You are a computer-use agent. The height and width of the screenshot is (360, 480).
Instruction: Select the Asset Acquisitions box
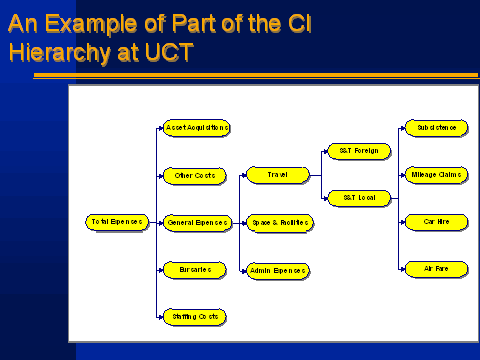coord(196,128)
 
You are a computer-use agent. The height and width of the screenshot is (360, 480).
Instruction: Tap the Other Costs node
coord(194,175)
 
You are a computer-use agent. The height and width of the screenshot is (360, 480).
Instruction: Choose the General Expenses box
coord(196,222)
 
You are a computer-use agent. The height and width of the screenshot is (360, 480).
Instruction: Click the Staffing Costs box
coord(194,316)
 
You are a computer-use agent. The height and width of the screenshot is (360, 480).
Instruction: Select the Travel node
coord(278,175)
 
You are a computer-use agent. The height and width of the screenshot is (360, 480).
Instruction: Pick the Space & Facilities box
coord(278,222)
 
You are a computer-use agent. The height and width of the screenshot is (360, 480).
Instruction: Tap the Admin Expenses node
coord(278,270)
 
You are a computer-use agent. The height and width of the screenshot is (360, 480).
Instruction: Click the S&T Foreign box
coord(359,151)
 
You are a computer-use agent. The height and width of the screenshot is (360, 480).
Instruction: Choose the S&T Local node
coord(359,198)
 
